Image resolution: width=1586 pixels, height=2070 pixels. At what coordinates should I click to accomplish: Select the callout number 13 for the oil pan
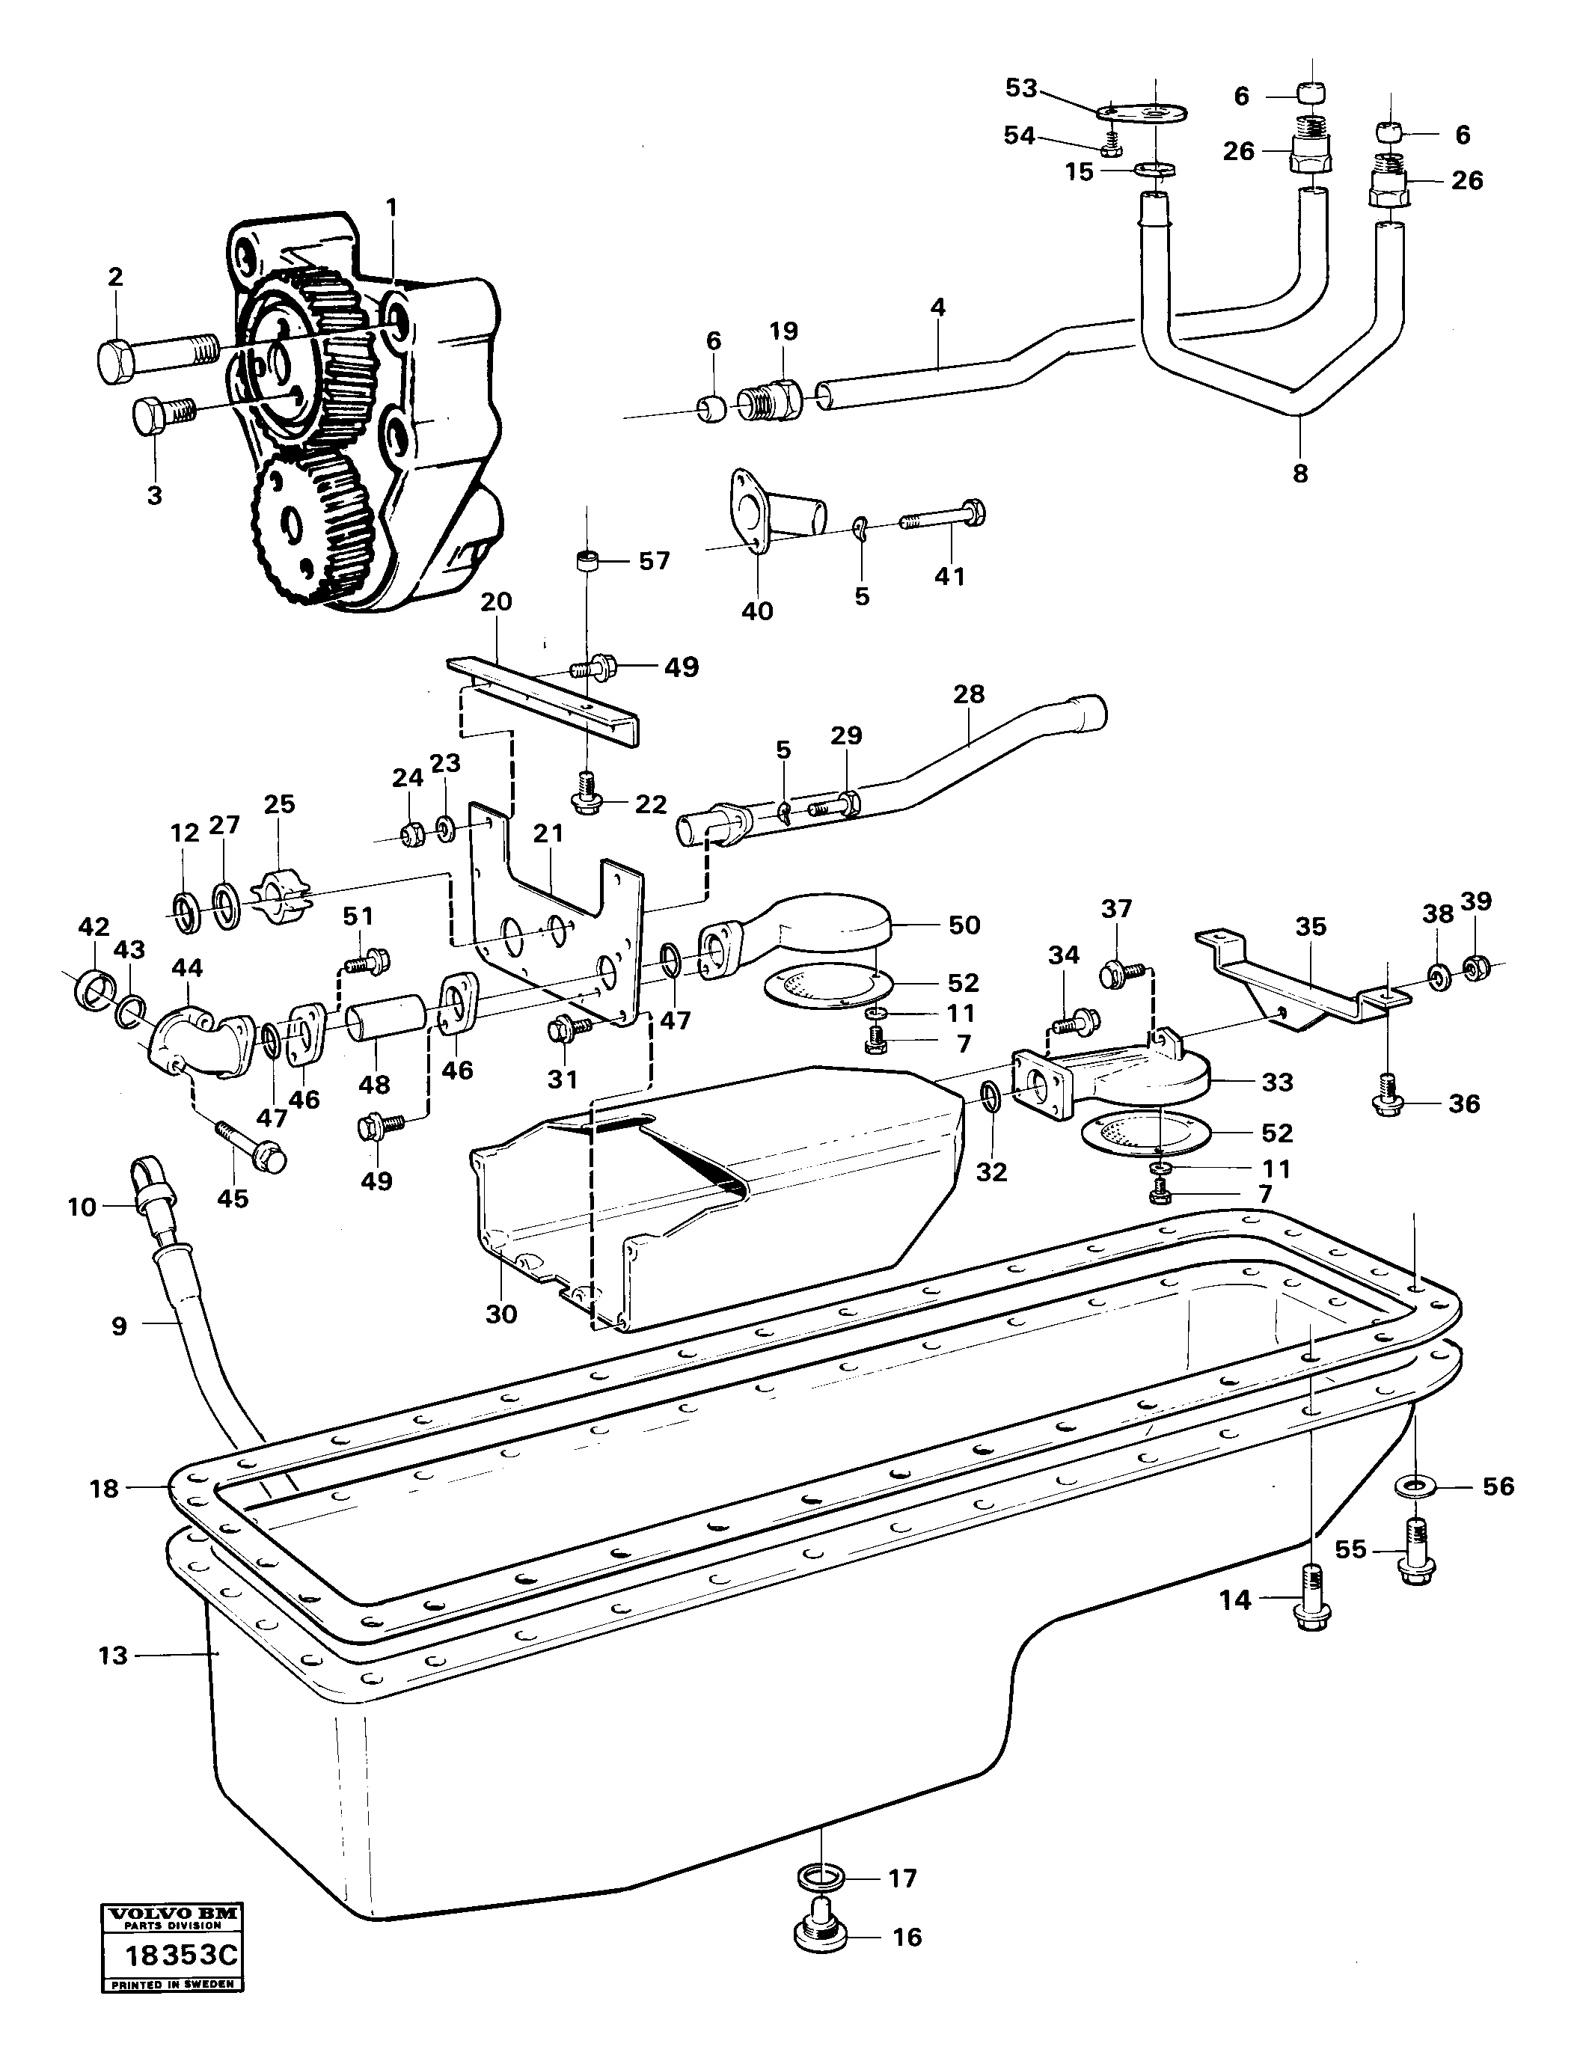112,1656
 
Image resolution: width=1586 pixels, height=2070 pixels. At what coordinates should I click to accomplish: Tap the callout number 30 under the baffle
501,1313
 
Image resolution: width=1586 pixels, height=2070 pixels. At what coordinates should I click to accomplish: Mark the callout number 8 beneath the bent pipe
1300,473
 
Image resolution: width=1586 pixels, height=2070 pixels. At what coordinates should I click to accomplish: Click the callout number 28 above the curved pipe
969,693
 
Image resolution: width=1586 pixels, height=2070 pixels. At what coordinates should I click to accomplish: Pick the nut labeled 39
1477,967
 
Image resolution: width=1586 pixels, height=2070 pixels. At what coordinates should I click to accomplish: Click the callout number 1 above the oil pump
392,206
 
